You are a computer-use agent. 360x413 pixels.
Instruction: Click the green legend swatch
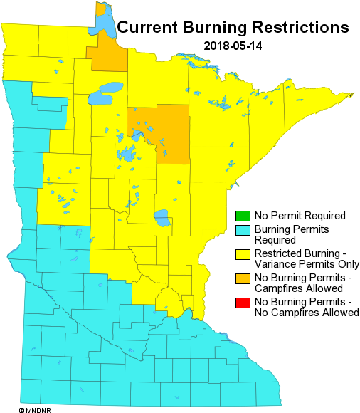(243, 216)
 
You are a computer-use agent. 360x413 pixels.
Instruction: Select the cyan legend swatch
(243, 230)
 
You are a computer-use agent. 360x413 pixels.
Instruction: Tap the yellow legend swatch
(243, 254)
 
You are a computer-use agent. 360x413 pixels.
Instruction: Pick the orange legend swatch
(243, 278)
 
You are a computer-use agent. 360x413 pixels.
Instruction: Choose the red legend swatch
(243, 303)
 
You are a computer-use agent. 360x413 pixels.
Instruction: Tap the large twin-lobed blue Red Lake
(106, 92)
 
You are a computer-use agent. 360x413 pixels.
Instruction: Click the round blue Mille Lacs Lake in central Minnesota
(162, 217)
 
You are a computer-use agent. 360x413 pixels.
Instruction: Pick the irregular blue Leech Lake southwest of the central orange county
(127, 153)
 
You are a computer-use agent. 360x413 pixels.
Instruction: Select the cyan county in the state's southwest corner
(31, 391)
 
